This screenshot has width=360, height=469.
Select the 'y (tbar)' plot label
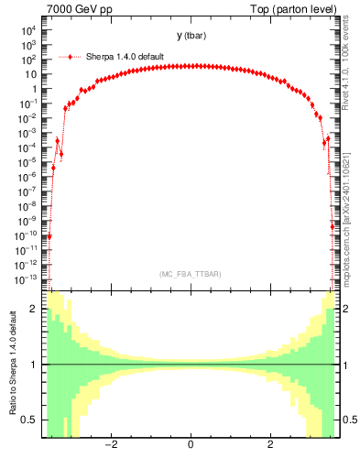pos(191,36)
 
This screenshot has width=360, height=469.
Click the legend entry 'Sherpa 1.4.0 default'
pos(125,56)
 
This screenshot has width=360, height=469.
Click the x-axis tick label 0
pos(190,445)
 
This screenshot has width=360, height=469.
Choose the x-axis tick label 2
pos(270,445)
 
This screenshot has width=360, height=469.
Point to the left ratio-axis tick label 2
pos(34,310)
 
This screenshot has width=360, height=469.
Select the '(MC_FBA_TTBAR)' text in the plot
pos(191,275)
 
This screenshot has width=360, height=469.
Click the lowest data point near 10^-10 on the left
pos(49,236)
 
